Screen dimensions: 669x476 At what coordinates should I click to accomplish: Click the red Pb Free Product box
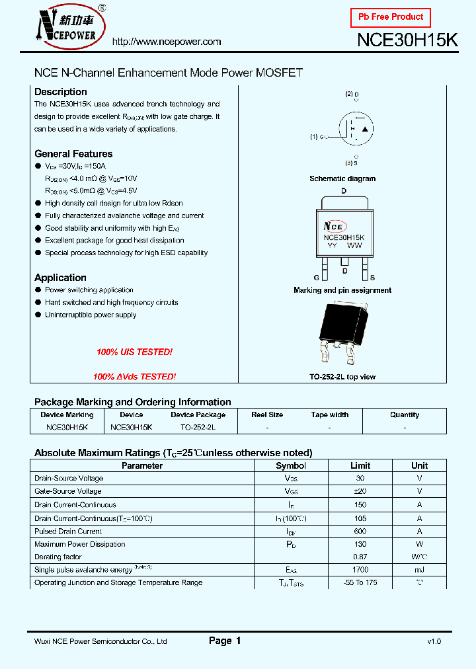pyautogui.click(x=390, y=17)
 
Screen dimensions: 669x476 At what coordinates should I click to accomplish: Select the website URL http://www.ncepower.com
pyautogui.click(x=167, y=42)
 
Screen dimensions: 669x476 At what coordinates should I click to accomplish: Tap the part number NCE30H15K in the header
pyautogui.click(x=407, y=40)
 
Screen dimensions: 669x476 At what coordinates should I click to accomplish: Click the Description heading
pyautogui.click(x=61, y=92)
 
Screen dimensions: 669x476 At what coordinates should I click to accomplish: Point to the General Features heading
pyautogui.click(x=73, y=153)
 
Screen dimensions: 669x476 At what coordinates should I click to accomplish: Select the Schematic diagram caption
pyautogui.click(x=342, y=178)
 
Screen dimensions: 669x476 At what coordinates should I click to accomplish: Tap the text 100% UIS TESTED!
pyautogui.click(x=134, y=352)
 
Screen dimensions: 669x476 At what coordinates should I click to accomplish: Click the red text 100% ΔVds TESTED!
pyautogui.click(x=134, y=376)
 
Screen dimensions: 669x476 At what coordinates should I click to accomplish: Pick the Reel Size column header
pyautogui.click(x=267, y=414)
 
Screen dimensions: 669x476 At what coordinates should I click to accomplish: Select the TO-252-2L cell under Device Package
pyautogui.click(x=198, y=427)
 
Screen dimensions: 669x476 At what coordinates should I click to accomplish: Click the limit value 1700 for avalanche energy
pyautogui.click(x=360, y=570)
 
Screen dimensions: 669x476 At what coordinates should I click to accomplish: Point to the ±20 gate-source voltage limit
pyautogui.click(x=360, y=491)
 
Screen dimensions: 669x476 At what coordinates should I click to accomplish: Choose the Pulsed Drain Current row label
pyautogui.click(x=67, y=531)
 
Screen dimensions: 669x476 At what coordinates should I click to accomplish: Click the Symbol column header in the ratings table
pyautogui.click(x=291, y=465)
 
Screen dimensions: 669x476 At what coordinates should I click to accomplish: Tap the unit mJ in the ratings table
pyautogui.click(x=419, y=570)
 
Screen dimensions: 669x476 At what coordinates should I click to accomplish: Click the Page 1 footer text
pyautogui.click(x=225, y=641)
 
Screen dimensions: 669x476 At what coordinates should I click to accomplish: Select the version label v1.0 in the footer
pyautogui.click(x=434, y=641)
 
